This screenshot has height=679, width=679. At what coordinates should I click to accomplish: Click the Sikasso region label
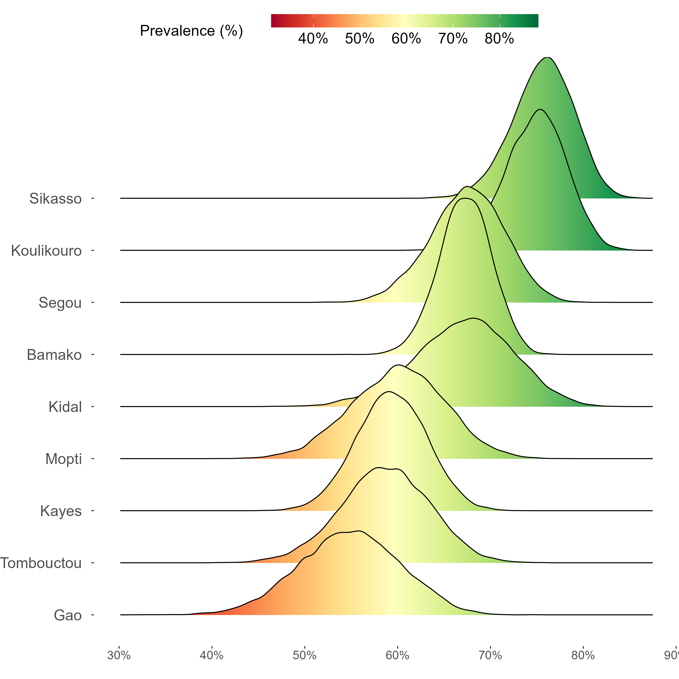pos(55,198)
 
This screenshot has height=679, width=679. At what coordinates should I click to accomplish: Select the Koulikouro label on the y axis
pos(46,251)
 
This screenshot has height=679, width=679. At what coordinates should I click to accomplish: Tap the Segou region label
pos(60,303)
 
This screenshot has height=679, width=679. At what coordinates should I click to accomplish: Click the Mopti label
pos(64,459)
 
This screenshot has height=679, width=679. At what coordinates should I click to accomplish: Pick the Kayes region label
pos(61,511)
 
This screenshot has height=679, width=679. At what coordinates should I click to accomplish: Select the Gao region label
pos(68,615)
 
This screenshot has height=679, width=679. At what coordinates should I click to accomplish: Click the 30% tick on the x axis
pos(119,655)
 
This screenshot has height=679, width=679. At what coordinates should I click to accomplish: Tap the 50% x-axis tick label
pos(305,655)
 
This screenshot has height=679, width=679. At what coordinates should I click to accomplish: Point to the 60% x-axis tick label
pos(397,655)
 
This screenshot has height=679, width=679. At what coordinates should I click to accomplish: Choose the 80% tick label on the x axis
pos(583,655)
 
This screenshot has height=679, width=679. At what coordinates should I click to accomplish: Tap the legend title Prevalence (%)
pos(191,31)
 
